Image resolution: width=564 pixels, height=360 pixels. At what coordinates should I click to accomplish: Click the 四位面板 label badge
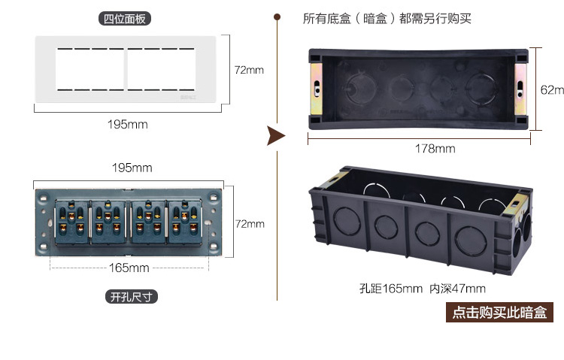(x=126, y=19)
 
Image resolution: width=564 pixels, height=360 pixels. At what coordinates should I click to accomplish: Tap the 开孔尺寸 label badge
(x=132, y=297)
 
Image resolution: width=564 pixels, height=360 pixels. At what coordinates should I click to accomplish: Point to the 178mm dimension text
(x=435, y=149)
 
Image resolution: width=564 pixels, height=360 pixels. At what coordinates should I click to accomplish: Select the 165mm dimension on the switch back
(x=129, y=268)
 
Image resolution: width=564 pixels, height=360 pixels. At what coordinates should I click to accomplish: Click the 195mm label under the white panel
(x=128, y=124)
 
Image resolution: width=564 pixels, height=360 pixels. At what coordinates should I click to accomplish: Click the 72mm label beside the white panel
(x=250, y=70)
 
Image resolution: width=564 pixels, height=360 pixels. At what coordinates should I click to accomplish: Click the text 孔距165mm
(x=390, y=289)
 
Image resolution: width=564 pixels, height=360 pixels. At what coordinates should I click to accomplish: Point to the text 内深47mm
(x=457, y=289)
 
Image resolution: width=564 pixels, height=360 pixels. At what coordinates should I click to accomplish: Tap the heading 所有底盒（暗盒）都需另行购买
(x=387, y=18)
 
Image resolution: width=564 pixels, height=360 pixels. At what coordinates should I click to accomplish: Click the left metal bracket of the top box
(x=316, y=86)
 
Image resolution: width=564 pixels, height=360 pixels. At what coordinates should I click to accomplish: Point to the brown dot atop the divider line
(x=277, y=16)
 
